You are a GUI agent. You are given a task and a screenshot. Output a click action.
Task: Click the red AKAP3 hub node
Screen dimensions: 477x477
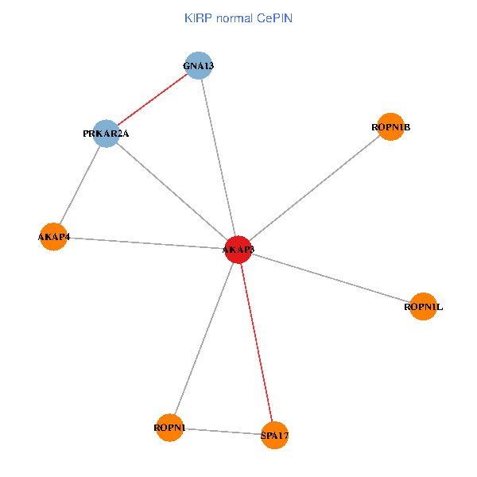click(238, 250)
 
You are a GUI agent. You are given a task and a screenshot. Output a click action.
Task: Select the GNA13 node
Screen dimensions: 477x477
click(199, 65)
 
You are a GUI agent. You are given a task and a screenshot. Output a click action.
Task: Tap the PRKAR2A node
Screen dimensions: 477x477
click(107, 134)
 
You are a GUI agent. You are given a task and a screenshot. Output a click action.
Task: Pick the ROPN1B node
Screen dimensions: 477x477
click(390, 127)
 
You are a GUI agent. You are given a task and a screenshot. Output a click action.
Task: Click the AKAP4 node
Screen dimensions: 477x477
click(52, 236)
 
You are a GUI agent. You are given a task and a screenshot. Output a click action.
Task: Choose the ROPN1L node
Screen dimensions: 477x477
click(423, 306)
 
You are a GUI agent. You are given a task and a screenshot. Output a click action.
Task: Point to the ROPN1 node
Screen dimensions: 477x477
click(169, 428)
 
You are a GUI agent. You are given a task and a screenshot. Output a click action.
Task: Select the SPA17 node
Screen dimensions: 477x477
click(274, 435)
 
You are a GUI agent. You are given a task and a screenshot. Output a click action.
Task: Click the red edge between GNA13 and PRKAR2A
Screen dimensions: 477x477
click(153, 99)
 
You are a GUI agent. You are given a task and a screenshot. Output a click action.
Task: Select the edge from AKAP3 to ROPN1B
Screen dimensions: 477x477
click(315, 188)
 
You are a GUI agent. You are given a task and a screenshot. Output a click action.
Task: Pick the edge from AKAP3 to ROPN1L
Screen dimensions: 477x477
click(331, 278)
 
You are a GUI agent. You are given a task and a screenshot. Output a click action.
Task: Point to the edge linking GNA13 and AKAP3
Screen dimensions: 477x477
click(219, 157)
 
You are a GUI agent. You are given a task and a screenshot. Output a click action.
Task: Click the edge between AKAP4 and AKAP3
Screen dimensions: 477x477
click(145, 242)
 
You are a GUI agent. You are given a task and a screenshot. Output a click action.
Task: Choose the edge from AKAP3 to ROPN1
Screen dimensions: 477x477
click(204, 339)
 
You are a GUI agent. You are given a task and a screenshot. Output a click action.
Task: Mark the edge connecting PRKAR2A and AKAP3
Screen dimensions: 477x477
click(173, 192)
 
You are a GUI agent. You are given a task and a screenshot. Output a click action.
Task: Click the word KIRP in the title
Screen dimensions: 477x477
click(197, 17)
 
